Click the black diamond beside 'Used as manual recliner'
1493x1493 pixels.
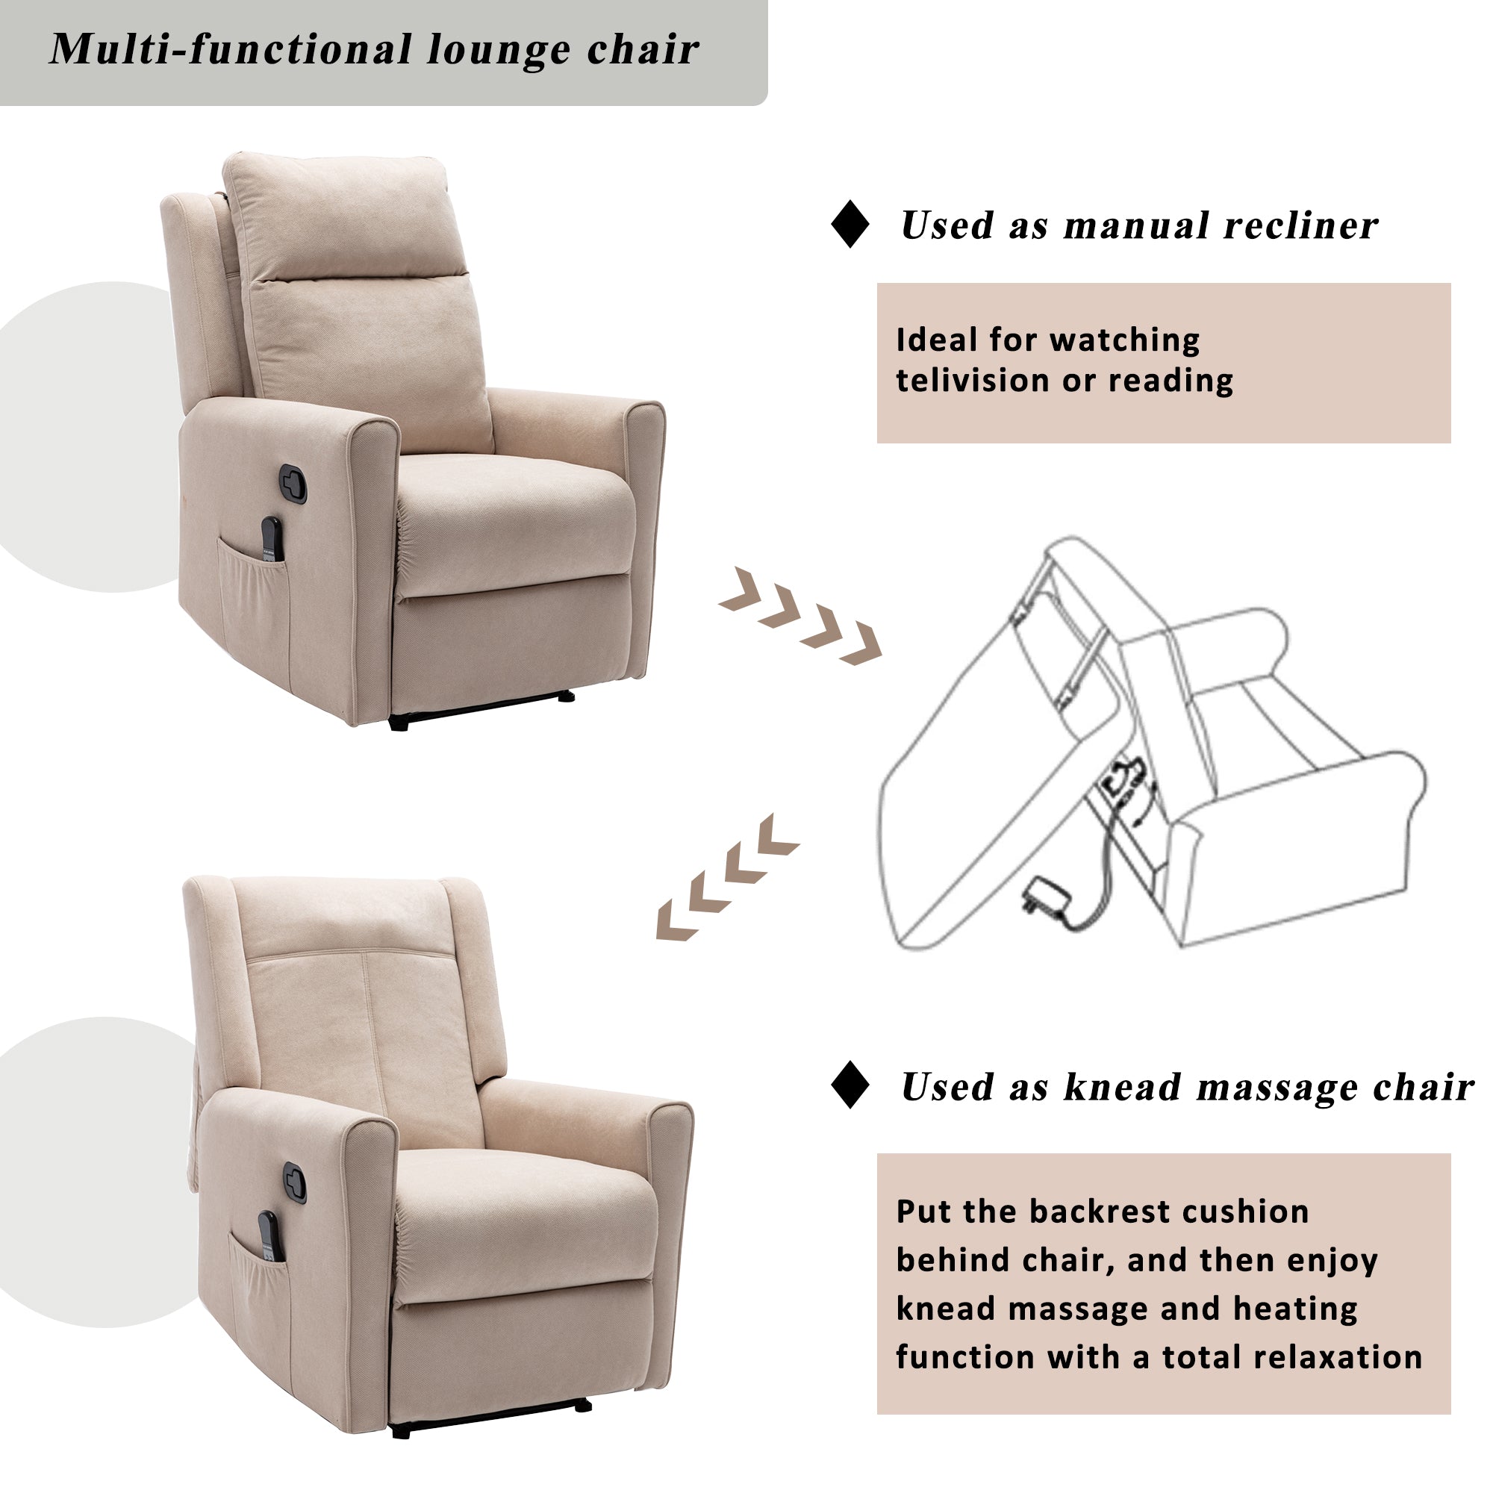coord(850,224)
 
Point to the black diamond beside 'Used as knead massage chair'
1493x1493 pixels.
coord(850,1085)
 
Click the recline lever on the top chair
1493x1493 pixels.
coord(293,484)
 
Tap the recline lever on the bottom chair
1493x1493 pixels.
coord(294,1182)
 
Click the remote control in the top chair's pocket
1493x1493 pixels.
coord(271,540)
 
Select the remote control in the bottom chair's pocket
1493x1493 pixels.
coord(268,1236)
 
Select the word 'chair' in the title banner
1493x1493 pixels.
coord(643,50)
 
